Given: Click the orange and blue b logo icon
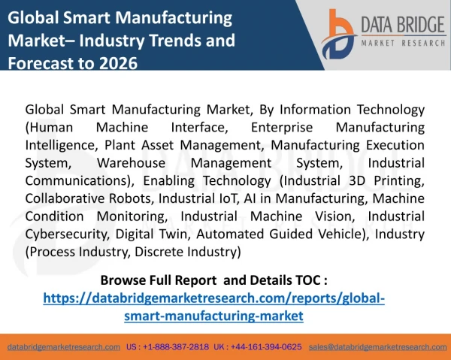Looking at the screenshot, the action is point(338,34).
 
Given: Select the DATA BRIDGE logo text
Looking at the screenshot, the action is point(403,25).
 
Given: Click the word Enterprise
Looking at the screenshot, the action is point(282,127).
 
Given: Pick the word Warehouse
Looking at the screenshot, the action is point(131,163).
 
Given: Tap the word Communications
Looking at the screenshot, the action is point(76,181).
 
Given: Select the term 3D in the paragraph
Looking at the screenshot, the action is point(357,181).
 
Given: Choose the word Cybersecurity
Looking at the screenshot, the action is point(66,234).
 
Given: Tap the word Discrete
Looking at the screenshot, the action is point(159,252).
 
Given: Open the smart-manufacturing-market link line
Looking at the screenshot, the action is point(213,316).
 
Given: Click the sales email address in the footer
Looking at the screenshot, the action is point(377,347).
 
